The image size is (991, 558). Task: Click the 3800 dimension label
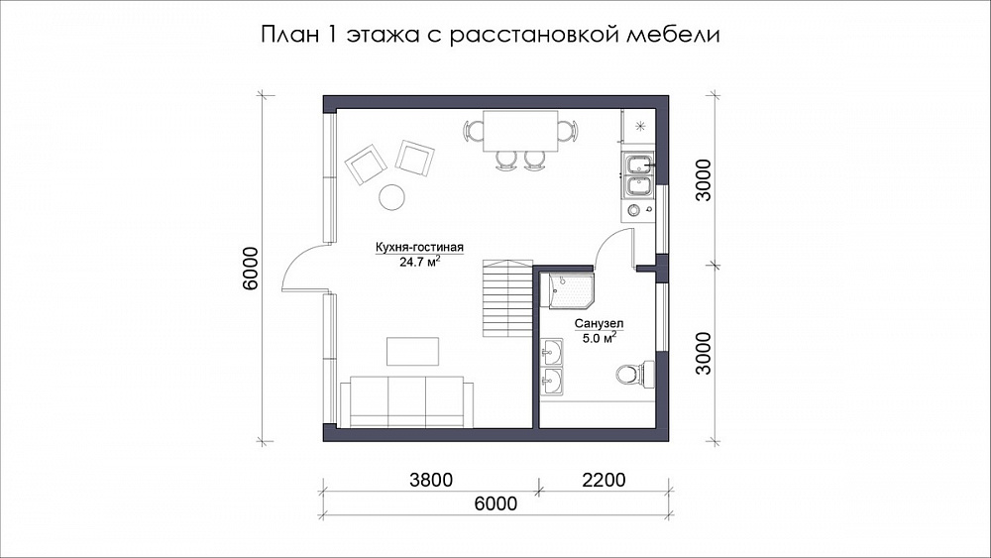pyautogui.click(x=431, y=481)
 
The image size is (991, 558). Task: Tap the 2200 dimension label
pyautogui.click(x=604, y=481)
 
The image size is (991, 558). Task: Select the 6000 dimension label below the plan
pyautogui.click(x=495, y=503)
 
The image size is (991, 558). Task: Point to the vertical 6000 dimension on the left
pyautogui.click(x=252, y=268)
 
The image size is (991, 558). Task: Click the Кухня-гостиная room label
pyautogui.click(x=419, y=248)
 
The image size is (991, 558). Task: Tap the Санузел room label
pyautogui.click(x=600, y=324)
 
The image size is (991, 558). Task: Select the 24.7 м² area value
pyautogui.click(x=419, y=262)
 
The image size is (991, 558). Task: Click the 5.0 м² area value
pyautogui.click(x=600, y=338)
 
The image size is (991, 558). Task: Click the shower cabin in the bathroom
pyautogui.click(x=572, y=291)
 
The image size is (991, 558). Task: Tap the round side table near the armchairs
pyautogui.click(x=391, y=197)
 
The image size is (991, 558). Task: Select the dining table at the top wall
pyautogui.click(x=521, y=131)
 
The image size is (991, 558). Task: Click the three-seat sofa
pyautogui.click(x=406, y=402)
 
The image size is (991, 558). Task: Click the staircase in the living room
pyautogui.click(x=507, y=297)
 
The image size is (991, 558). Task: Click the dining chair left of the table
pyautogui.click(x=474, y=131)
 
